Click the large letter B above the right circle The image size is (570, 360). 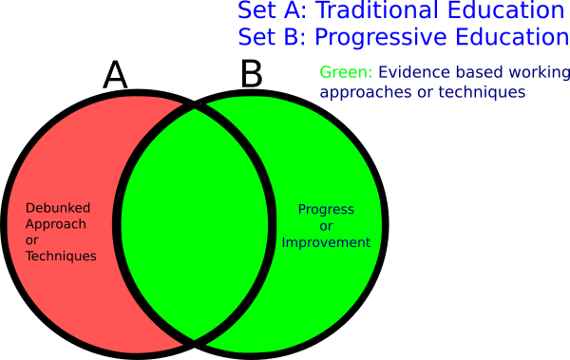point(251,74)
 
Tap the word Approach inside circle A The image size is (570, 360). point(56,224)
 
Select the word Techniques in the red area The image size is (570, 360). point(61,256)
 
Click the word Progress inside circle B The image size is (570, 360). point(325,209)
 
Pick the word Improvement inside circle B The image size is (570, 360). point(325,242)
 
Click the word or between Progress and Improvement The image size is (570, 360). point(325,226)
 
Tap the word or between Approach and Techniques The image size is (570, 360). point(31,240)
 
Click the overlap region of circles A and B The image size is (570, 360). point(196,223)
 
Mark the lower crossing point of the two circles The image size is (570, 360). point(196,339)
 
